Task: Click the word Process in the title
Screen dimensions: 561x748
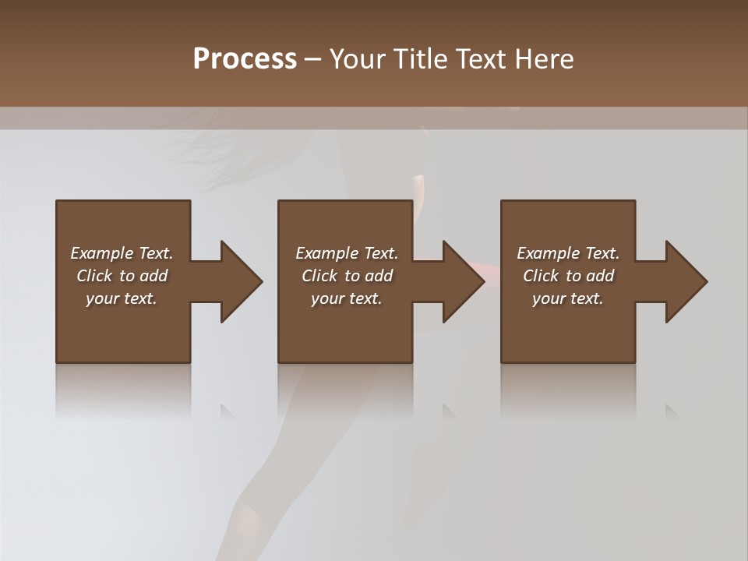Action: (x=245, y=59)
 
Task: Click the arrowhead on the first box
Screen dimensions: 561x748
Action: (x=238, y=281)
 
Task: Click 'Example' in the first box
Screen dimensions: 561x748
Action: (x=101, y=253)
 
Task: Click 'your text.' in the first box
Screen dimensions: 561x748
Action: (x=121, y=298)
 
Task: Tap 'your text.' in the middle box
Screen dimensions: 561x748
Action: (x=346, y=298)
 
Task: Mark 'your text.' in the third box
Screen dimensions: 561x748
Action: (x=567, y=298)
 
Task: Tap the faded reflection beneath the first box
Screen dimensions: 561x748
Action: (x=123, y=390)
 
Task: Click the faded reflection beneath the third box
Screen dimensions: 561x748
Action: (x=567, y=390)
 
